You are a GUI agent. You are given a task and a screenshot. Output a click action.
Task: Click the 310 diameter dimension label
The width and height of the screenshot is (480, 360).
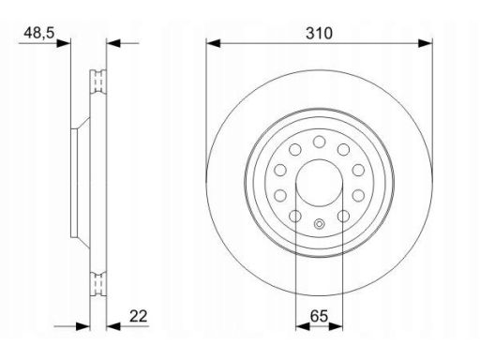pyautogui.click(x=319, y=33)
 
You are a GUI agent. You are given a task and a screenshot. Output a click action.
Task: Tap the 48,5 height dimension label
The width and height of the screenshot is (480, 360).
pyautogui.click(x=39, y=33)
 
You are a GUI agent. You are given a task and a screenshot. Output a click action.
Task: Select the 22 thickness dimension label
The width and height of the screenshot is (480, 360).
pyautogui.click(x=138, y=316)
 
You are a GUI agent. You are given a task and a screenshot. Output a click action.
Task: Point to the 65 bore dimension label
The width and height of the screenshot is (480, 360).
pyautogui.click(x=319, y=316)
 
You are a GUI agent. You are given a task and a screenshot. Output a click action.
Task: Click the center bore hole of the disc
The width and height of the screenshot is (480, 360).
pyautogui.click(x=319, y=183)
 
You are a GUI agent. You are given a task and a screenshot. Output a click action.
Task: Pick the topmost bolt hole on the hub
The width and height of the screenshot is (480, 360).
pyautogui.click(x=319, y=142)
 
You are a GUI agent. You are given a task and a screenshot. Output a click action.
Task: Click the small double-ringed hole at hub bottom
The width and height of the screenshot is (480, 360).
pyautogui.click(x=319, y=224)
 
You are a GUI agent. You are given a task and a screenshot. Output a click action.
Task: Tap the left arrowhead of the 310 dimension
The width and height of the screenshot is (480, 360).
pyautogui.click(x=213, y=43)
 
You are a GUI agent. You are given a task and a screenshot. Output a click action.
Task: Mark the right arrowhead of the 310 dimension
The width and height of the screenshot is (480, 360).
pyautogui.click(x=426, y=43)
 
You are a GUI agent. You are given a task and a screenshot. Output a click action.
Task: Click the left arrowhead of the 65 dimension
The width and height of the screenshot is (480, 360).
pyautogui.click(x=303, y=326)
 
